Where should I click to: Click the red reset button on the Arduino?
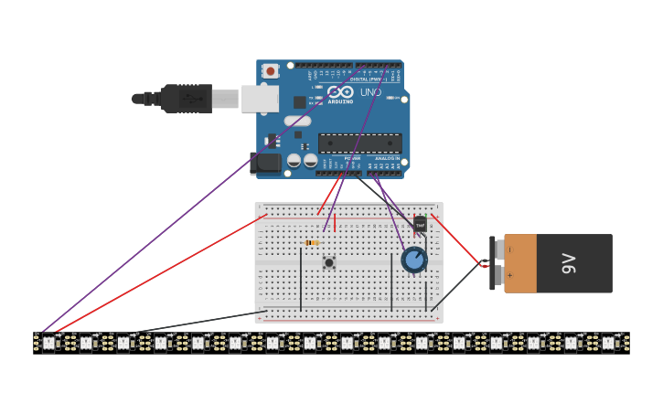click(x=270, y=70)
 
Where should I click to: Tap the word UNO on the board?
click(x=370, y=92)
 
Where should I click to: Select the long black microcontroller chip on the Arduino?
click(x=359, y=143)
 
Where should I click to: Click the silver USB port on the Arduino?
click(x=259, y=99)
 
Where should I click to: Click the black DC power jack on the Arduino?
click(x=265, y=163)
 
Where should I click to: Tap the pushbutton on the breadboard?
click(x=329, y=262)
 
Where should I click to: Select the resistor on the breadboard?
click(x=312, y=242)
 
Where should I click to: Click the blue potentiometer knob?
click(x=414, y=260)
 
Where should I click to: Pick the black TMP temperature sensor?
click(x=420, y=223)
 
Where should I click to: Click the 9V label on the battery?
click(x=568, y=263)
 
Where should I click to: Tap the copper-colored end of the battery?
click(x=520, y=263)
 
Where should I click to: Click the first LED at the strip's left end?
click(x=48, y=343)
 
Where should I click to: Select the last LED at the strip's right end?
click(x=608, y=343)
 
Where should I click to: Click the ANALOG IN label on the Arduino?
click(x=387, y=158)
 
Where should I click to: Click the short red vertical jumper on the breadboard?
click(x=335, y=222)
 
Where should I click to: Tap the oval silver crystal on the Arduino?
click(x=297, y=121)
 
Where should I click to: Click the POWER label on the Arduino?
click(x=352, y=158)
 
